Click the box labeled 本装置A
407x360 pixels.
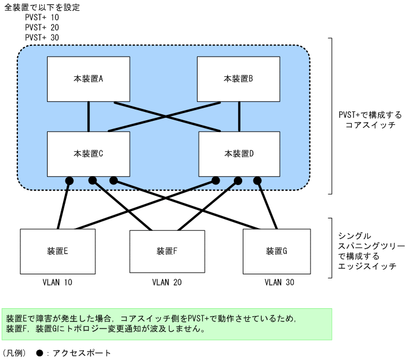tap(89, 79)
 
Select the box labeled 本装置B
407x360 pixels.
tap(239, 79)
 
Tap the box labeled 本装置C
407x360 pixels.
tap(89, 154)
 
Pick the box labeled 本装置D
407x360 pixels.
tap(239, 154)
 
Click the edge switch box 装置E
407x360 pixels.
tap(58, 251)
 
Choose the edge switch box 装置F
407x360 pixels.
tap(167, 251)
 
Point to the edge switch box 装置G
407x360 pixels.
tap(277, 251)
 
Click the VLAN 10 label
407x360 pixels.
tap(57, 283)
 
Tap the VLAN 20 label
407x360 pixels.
tap(167, 283)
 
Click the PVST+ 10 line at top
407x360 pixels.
tap(42, 17)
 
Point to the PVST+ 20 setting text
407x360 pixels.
tap(42, 27)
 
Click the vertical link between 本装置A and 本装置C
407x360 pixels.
tap(89, 116)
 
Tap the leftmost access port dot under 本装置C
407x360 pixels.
tap(69, 180)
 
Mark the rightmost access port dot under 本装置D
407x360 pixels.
tap(258, 180)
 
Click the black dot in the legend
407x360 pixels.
tap(39, 352)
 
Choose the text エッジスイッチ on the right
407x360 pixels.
tap(367, 266)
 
